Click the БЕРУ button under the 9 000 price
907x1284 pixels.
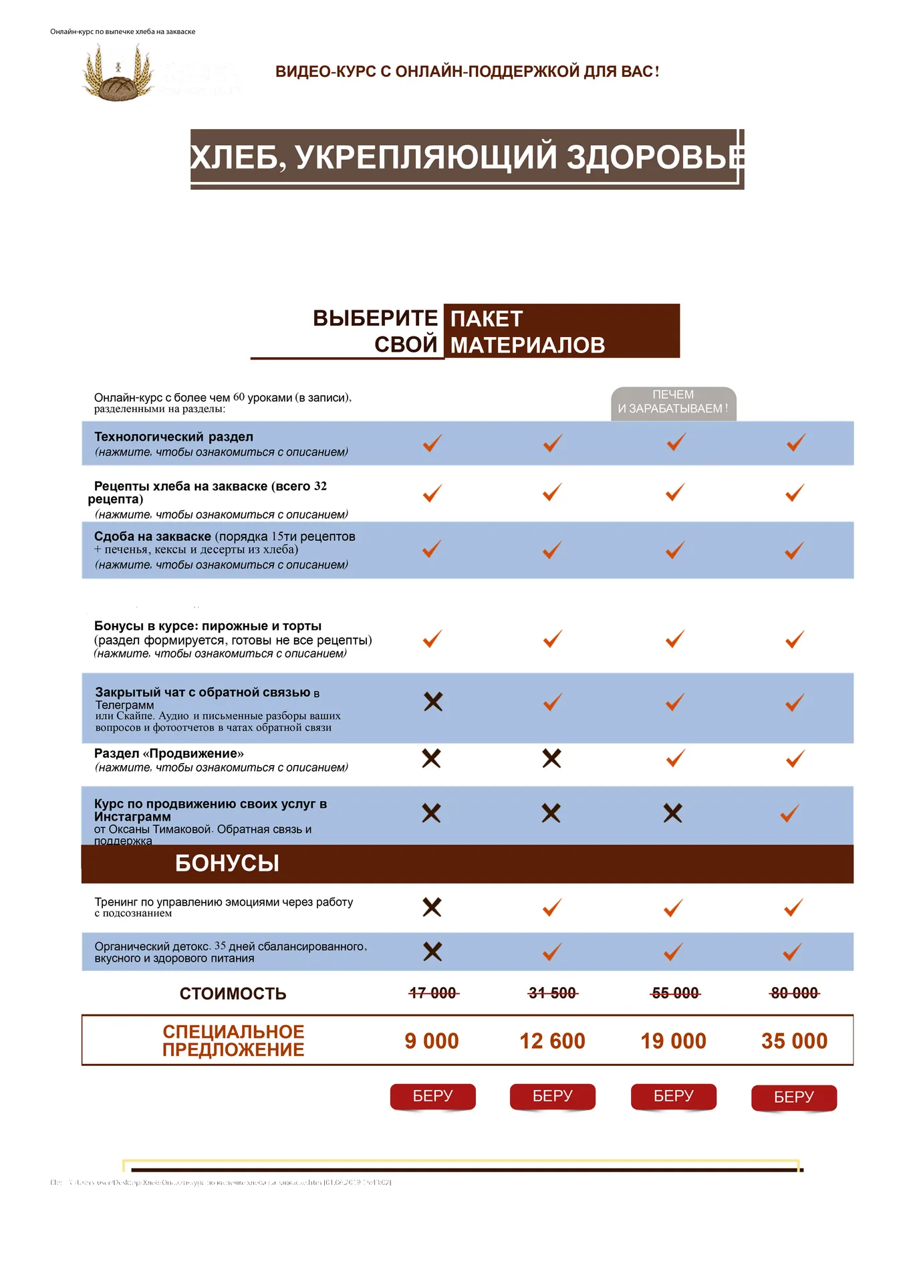[432, 1096]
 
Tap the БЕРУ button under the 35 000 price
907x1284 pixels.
[793, 1097]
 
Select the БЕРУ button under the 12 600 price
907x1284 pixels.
[552, 1096]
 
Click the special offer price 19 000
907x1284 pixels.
[673, 1041]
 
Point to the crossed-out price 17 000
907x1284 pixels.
[432, 993]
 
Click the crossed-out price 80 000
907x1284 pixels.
[794, 993]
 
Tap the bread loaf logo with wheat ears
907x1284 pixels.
[118, 74]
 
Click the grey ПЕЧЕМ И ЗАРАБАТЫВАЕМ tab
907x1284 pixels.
[673, 402]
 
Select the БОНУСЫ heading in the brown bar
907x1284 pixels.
[227, 863]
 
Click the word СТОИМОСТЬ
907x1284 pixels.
[233, 994]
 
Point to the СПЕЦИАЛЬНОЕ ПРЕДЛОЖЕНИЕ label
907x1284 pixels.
[233, 1041]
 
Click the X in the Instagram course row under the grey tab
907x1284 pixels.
[672, 813]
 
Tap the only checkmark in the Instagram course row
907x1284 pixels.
[790, 813]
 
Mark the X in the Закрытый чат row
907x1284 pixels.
[433, 702]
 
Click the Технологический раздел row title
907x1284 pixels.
[174, 437]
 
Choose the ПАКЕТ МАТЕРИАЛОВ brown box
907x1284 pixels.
[561, 331]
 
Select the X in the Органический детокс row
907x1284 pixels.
[432, 952]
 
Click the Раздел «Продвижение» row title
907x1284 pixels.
[169, 754]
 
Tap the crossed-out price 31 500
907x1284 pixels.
[552, 993]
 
